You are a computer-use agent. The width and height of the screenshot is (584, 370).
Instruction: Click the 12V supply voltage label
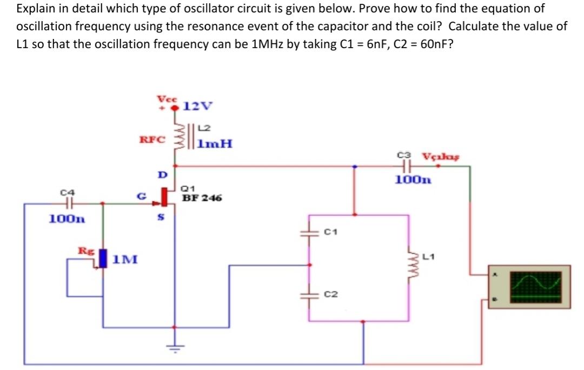click(x=198, y=105)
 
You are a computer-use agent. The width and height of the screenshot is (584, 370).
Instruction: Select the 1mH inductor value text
click(x=215, y=144)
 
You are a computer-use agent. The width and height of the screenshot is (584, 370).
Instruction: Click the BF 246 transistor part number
click(x=202, y=198)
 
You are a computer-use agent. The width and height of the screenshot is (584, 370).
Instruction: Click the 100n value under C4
click(x=67, y=219)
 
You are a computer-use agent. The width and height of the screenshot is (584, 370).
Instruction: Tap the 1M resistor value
click(x=125, y=260)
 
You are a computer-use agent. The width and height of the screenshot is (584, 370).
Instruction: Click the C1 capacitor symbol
click(x=310, y=233)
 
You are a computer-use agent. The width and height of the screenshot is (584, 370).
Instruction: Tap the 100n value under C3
click(x=413, y=180)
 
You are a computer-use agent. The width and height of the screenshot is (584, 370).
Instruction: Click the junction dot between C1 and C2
click(x=310, y=265)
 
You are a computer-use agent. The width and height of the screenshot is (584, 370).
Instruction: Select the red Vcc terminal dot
click(x=175, y=108)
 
